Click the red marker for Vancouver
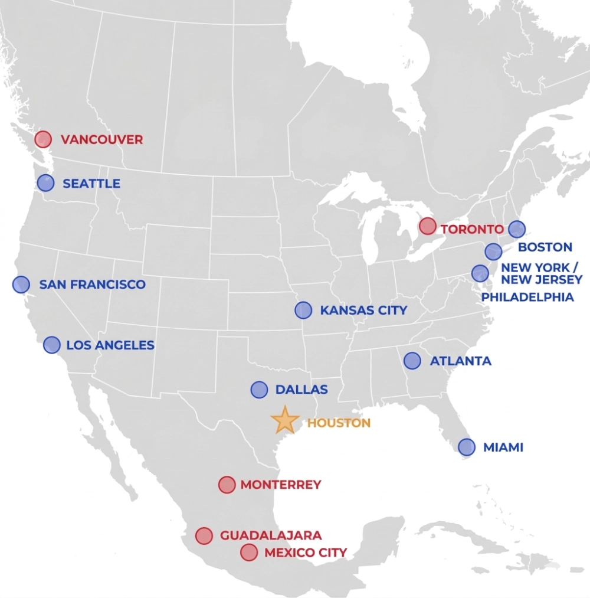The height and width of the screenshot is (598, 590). pyautogui.click(x=42, y=139)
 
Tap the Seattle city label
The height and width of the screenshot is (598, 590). pyautogui.click(x=91, y=184)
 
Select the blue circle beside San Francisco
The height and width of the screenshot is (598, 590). pyautogui.click(x=21, y=285)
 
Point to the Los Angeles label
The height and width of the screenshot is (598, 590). pyautogui.click(x=110, y=345)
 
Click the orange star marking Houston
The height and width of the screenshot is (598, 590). pyautogui.click(x=285, y=420)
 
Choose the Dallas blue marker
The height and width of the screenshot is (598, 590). pyautogui.click(x=259, y=390)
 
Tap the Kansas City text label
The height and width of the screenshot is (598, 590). pyautogui.click(x=363, y=310)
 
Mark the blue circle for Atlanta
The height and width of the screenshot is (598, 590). pyautogui.click(x=412, y=360)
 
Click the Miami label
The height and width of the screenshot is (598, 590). pyautogui.click(x=503, y=447)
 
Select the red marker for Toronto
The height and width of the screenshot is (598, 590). pyautogui.click(x=428, y=226)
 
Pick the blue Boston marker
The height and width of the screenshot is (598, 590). pyautogui.click(x=516, y=229)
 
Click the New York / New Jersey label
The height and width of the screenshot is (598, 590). pyautogui.click(x=541, y=273)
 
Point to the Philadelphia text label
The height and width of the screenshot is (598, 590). pyautogui.click(x=527, y=297)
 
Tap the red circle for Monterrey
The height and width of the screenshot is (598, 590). pyautogui.click(x=227, y=485)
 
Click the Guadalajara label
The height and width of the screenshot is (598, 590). pyautogui.click(x=271, y=535)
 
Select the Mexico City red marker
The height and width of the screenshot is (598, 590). pyautogui.click(x=249, y=553)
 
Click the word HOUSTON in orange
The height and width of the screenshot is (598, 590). pyautogui.click(x=339, y=423)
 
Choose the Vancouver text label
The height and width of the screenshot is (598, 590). pyautogui.click(x=102, y=140)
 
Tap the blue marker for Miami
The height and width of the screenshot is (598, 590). pyautogui.click(x=466, y=447)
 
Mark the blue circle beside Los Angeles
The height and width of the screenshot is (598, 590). pyautogui.click(x=52, y=345)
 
